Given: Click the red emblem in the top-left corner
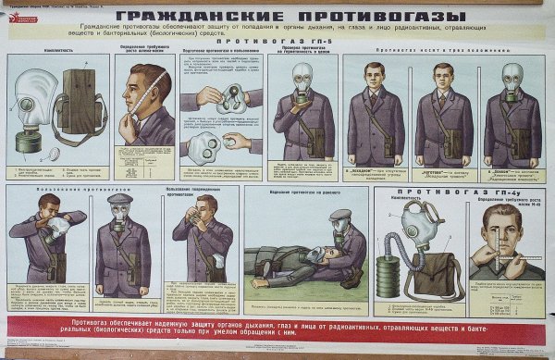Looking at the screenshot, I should click(8, 6).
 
